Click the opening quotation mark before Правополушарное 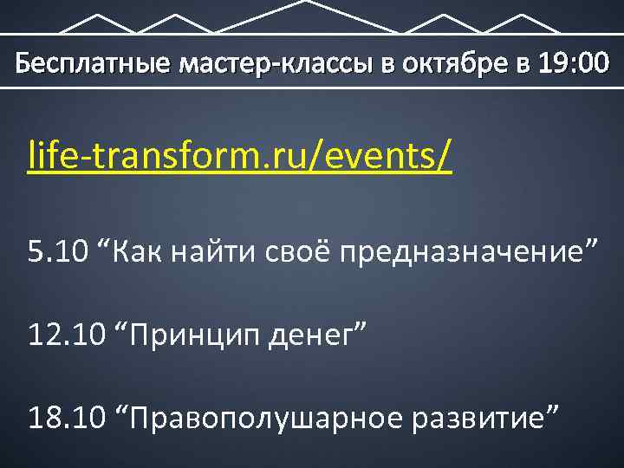[121, 411]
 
